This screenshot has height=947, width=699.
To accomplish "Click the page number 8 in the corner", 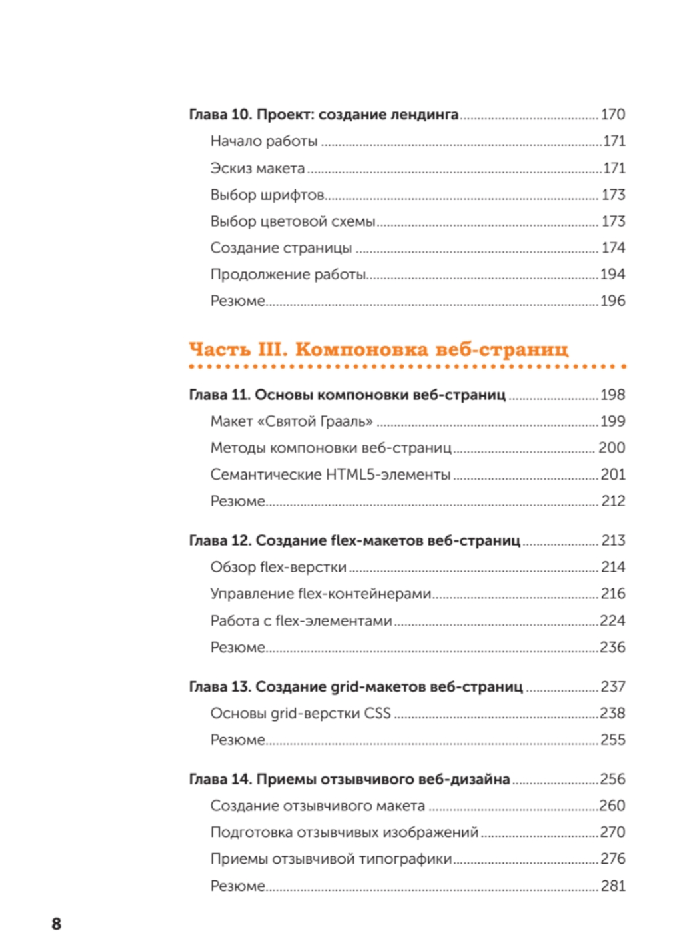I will click(x=56, y=923).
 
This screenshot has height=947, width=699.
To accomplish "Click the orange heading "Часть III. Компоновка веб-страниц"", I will click(x=378, y=349).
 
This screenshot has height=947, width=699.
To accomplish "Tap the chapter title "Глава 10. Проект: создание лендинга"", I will click(x=324, y=114).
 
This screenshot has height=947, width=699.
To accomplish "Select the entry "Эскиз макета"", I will click(x=257, y=168).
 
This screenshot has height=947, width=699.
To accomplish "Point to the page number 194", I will click(x=612, y=274).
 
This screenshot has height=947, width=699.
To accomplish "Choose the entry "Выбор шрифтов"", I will click(x=267, y=195).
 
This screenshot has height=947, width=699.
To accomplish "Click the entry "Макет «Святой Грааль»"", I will click(x=291, y=421).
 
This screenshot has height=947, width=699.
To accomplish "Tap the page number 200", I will click(x=612, y=447).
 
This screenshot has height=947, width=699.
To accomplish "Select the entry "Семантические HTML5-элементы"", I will click(x=331, y=474).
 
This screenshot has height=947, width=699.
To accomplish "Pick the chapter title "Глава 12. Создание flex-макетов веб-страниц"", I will click(x=354, y=540).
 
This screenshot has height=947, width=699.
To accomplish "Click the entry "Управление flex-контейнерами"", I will click(x=321, y=594).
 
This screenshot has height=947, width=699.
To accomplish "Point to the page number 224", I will click(x=612, y=620).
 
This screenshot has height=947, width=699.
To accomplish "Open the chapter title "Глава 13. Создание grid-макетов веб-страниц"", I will click(x=356, y=686).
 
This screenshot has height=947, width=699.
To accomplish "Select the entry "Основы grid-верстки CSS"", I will click(x=301, y=713).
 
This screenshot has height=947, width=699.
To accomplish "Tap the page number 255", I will click(x=612, y=740).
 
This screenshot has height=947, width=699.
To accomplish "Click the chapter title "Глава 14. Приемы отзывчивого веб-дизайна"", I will click(x=350, y=779).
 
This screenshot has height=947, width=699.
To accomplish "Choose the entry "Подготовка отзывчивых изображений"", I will click(x=345, y=832).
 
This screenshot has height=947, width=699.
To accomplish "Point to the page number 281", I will click(x=612, y=886).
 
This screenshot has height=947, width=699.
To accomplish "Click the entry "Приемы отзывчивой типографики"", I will click(x=331, y=859).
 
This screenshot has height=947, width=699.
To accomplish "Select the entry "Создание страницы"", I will click(x=281, y=248).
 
